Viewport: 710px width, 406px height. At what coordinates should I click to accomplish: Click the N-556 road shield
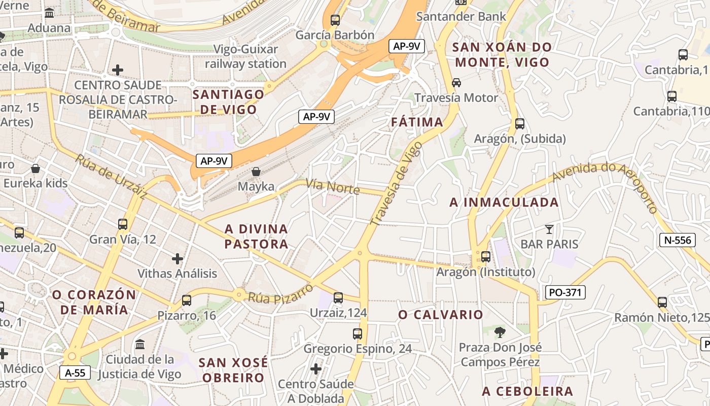677,240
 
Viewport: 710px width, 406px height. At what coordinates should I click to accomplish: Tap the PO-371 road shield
565,292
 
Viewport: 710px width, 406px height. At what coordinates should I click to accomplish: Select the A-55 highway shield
75,373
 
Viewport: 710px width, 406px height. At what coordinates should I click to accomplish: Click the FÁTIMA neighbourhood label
417,122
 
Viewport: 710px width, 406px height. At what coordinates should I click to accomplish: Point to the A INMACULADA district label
504,202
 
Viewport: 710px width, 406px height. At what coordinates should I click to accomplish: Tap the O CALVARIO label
441,315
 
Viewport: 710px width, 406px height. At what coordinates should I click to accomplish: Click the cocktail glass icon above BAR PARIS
549,229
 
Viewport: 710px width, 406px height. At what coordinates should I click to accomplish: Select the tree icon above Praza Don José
500,332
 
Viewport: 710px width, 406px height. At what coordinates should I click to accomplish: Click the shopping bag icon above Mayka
256,172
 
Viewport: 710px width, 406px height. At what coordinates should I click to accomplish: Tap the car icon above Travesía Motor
456,82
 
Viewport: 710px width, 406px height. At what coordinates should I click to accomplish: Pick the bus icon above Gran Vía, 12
122,224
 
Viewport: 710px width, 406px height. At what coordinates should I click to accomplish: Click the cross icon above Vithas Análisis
177,259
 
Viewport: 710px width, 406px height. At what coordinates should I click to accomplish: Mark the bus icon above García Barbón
335,20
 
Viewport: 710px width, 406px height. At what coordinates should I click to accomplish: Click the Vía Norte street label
333,187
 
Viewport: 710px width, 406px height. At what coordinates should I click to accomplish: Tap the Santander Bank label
461,16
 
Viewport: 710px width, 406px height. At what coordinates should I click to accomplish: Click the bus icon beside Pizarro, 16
187,300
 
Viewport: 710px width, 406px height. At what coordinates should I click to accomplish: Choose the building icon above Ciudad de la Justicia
139,345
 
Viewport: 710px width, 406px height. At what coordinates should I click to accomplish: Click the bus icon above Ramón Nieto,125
662,302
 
